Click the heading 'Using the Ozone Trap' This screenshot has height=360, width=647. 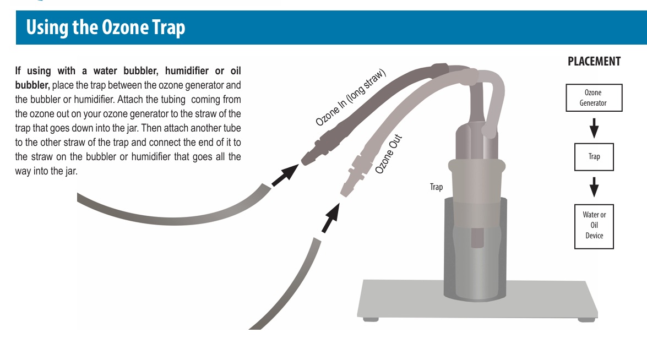106,28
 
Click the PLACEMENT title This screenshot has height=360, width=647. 594,62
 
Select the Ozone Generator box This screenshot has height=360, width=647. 594,98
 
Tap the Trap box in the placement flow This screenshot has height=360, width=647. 594,157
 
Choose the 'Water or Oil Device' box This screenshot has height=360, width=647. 594,226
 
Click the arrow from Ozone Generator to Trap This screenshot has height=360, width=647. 594,128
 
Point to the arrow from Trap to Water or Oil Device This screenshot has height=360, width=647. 594,187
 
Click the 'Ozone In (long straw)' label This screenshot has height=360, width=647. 351,97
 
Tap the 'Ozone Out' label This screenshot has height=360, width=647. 388,154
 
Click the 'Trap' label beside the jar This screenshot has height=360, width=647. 436,187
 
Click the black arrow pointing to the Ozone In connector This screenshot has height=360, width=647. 285,175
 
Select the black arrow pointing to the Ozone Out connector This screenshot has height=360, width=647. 330,218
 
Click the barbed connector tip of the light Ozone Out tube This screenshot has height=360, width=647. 343,192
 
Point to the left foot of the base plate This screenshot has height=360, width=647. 371,319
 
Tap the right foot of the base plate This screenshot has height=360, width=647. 586,319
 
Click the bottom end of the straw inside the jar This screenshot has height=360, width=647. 477,246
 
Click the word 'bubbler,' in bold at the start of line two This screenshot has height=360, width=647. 32,85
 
